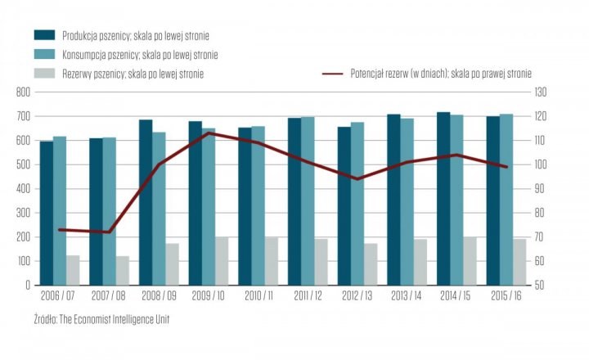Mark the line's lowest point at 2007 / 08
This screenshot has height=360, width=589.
point(109,232)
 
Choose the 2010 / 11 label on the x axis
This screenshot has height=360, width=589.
point(259,295)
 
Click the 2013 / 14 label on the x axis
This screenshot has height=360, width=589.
point(407,295)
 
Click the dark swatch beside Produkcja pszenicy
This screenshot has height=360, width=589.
point(44,35)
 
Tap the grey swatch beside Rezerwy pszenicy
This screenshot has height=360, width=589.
point(44,74)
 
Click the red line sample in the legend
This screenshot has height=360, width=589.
point(334,74)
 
